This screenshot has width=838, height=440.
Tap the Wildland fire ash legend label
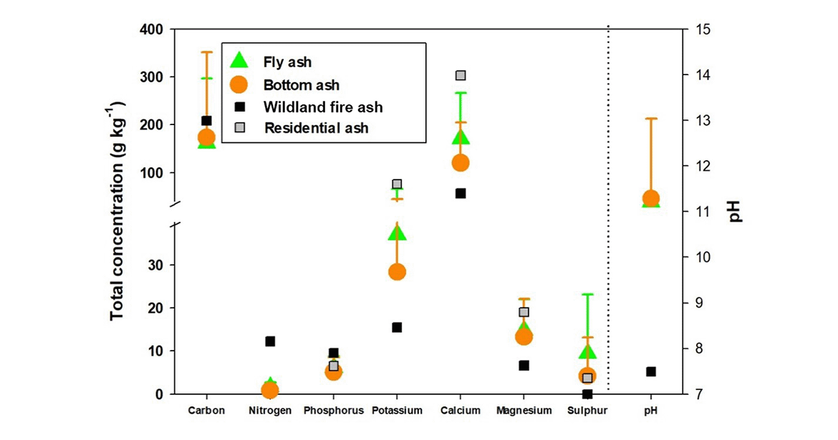[323, 107]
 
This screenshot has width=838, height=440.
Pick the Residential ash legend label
[316, 129]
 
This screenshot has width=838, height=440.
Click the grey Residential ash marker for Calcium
[461, 75]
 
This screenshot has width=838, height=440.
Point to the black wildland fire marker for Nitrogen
[270, 341]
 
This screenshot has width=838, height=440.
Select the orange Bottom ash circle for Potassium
[397, 272]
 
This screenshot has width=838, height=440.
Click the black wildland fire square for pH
[651, 371]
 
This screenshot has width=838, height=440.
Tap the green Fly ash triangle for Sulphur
[587, 351]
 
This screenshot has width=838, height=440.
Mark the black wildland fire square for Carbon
[206, 120]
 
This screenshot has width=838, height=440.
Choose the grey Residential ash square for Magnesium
[524, 312]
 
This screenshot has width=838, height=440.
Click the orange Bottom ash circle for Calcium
[461, 162]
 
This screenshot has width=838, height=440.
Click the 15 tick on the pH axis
[701, 29]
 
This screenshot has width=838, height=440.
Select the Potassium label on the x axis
[397, 411]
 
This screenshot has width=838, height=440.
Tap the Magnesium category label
[524, 411]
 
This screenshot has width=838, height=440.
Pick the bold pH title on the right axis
[736, 211]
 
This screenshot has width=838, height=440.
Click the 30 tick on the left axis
[158, 265]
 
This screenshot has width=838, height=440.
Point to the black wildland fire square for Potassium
[397, 327]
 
